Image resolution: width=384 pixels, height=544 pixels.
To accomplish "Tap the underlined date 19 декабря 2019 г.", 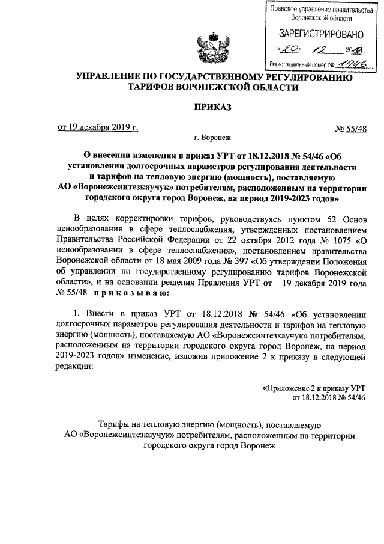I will coord(97,127).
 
